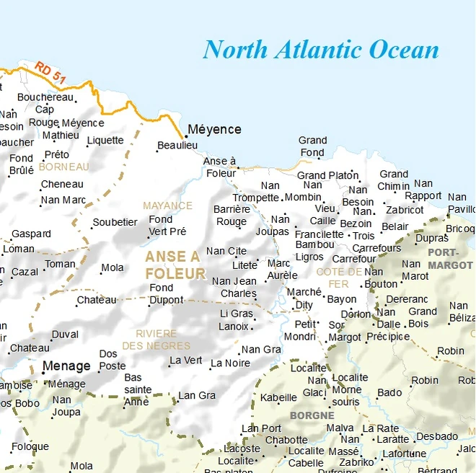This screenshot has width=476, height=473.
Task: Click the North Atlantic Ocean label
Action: pos(320,50)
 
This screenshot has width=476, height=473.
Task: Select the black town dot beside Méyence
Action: pos(185,136)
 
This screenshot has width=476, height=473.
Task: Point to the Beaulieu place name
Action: pos(177,146)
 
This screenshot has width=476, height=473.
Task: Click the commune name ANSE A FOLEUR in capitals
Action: pos(175,265)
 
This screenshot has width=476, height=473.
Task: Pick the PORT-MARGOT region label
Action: pos(450,259)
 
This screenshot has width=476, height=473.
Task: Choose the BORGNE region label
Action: pos(312,415)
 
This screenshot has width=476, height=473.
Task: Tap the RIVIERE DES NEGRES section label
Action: pos(157,340)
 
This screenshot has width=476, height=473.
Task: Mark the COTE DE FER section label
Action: pos(339,278)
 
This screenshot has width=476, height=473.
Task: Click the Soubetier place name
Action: pos(115,222)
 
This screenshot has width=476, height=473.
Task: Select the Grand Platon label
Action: pos(327,175)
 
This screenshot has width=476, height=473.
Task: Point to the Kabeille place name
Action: pos(278,397)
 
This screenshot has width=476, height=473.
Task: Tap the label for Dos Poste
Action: pos(113,360)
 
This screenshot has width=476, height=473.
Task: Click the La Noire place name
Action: pos(231,364)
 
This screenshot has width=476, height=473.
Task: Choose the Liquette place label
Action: pos(105,141)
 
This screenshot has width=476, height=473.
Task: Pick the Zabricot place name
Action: pos(405,210)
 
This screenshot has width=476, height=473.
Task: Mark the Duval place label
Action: pos(66,335)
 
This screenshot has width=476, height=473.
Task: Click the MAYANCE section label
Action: pos(167,205)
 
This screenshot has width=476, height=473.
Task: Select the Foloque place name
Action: pos(30,446)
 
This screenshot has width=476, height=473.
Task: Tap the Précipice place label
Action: pos(388,337)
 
